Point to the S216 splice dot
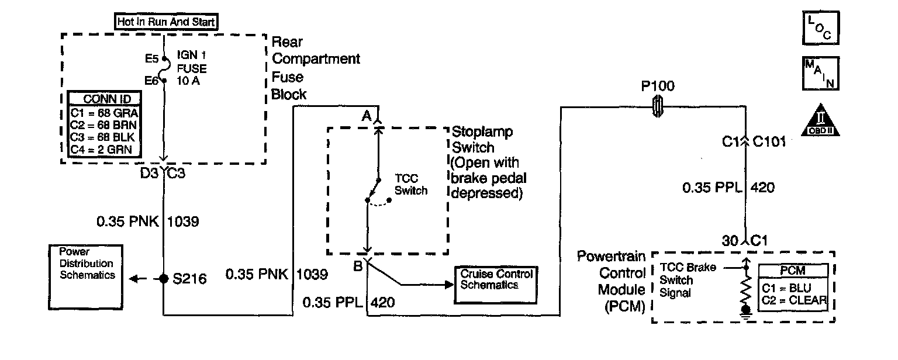(164, 278)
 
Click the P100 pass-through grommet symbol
(657, 106)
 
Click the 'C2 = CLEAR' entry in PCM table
(795, 301)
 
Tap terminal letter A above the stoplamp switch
(367, 117)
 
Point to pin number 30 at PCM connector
(730, 240)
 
